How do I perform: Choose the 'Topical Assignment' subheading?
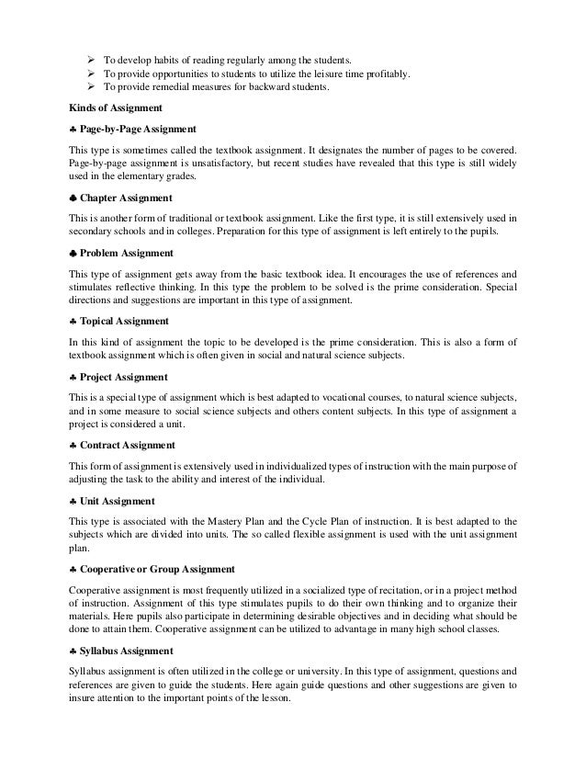125,321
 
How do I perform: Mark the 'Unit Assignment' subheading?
118,501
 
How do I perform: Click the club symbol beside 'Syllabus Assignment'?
73,652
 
